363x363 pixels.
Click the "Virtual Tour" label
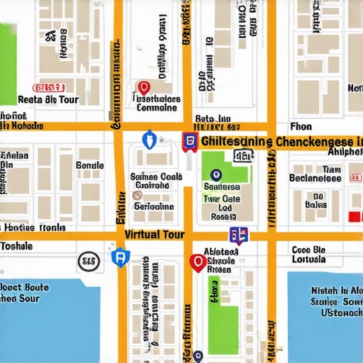(x=154, y=235)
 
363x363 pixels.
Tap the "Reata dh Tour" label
(x=48, y=100)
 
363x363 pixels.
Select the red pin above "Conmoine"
(x=144, y=87)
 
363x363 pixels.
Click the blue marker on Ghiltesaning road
(x=148, y=140)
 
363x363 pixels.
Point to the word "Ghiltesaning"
(x=237, y=142)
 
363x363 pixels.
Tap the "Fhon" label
(x=301, y=126)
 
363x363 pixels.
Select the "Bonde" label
(x=89, y=165)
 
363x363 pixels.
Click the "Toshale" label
(x=16, y=246)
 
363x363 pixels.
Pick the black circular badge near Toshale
(x=88, y=262)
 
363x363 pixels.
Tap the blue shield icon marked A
(x=120, y=257)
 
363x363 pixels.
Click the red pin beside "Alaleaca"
(x=198, y=263)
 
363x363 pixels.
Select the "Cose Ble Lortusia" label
(x=308, y=254)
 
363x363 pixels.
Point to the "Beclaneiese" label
(x=315, y=179)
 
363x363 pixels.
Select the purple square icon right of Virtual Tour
(x=238, y=236)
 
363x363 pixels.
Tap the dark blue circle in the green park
(x=216, y=174)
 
